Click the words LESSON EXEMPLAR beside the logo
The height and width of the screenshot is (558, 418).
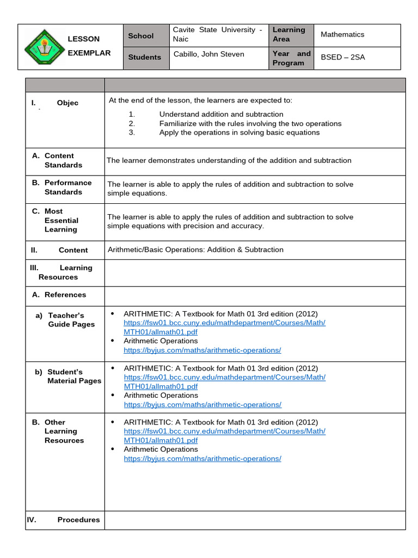(x=89, y=46)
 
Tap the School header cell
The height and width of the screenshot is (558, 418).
(x=141, y=36)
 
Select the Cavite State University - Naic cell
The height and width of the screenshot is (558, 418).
(x=217, y=34)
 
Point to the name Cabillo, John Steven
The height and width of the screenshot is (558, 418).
(x=208, y=54)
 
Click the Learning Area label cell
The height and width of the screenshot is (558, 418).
(x=288, y=34)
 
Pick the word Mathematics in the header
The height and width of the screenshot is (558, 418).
(x=342, y=34)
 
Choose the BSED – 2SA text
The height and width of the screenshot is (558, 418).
(x=343, y=57)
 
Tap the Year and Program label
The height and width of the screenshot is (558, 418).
(x=291, y=58)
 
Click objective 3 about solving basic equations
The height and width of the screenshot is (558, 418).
(x=239, y=132)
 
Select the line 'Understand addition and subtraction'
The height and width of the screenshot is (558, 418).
(x=221, y=114)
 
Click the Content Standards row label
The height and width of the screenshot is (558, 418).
(x=63, y=160)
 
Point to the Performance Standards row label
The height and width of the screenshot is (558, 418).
(x=67, y=187)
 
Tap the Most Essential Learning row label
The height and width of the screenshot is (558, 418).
(x=61, y=220)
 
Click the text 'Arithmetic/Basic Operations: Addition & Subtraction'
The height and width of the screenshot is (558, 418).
(x=195, y=250)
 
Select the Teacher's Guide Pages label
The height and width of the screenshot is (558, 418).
(x=71, y=320)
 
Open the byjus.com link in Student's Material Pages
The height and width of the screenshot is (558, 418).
(x=202, y=405)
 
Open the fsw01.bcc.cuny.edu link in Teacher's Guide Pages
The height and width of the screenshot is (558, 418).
(x=224, y=327)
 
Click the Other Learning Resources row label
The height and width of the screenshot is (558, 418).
(x=64, y=431)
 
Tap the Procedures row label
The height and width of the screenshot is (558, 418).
(x=78, y=520)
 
